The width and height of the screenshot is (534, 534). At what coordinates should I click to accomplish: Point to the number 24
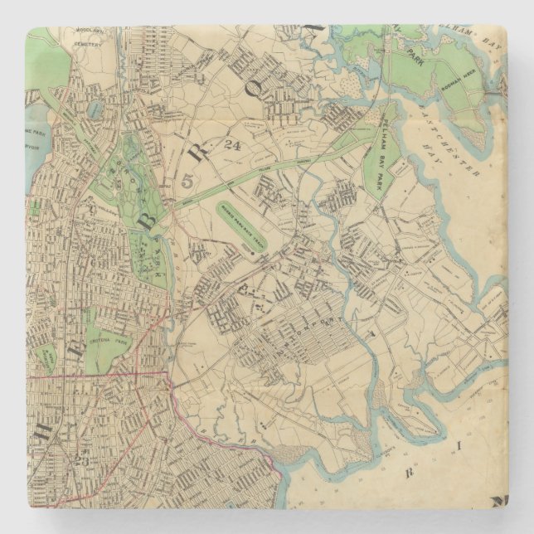(232, 146)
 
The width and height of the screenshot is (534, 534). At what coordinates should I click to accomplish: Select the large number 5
(187, 179)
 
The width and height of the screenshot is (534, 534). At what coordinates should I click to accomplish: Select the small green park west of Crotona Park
(49, 358)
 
